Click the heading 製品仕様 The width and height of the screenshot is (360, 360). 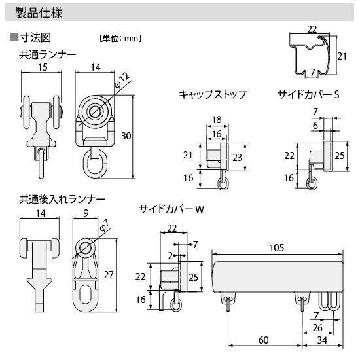39,12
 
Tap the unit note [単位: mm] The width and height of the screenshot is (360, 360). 120,38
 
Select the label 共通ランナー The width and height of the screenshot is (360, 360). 47,54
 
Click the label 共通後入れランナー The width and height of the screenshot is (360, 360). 62,200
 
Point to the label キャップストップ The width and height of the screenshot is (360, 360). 213,94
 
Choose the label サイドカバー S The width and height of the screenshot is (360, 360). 308,94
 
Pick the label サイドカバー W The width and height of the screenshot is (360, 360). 171,209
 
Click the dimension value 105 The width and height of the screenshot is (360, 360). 277,247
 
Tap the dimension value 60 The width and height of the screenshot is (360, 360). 263,340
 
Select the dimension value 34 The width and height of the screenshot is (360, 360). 322,340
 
